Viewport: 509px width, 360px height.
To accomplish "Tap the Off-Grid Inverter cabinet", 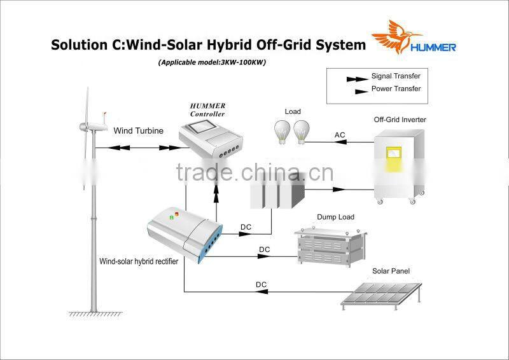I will coord(400,165).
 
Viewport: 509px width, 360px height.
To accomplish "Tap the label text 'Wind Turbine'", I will coord(138,131).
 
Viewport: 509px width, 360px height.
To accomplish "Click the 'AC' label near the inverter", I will coord(340,135).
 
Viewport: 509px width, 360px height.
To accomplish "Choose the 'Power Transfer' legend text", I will coord(396,89).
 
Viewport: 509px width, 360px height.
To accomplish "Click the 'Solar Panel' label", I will coord(391,272).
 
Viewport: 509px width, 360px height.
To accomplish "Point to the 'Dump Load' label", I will coord(335,218).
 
